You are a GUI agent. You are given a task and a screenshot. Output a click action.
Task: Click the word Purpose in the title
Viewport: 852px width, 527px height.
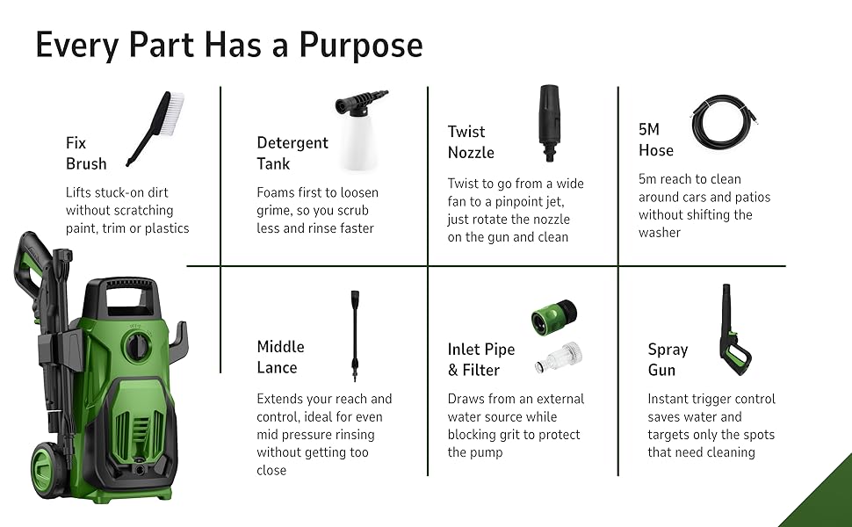pos(361,46)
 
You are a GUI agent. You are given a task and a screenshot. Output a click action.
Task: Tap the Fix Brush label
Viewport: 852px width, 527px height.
pos(86,153)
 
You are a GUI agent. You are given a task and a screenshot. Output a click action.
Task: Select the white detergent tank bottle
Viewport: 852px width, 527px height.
pos(359,142)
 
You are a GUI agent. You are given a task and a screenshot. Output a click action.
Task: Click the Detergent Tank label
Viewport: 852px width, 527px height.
pos(292,153)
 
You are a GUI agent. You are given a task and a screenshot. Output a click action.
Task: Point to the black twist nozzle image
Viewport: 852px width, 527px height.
pos(549,123)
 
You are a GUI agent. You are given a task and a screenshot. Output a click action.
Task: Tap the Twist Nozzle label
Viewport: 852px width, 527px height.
pos(471,141)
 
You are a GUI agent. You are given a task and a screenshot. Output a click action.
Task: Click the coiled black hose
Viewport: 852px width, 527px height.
pos(724,122)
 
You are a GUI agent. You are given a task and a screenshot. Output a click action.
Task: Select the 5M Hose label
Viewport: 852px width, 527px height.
pos(656,140)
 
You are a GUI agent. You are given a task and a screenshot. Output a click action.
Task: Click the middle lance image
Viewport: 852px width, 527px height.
pos(356,336)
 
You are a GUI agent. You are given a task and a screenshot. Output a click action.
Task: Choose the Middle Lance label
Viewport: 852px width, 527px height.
pos(280,357)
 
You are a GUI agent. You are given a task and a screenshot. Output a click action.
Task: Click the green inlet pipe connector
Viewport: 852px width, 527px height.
pos(554,316)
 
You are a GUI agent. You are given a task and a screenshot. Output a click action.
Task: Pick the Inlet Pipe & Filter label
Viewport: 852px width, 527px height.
pos(480,359)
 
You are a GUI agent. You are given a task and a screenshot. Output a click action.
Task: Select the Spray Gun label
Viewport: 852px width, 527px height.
pos(668,359)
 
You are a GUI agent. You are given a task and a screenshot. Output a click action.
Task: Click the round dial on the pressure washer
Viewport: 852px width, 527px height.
pos(137,345)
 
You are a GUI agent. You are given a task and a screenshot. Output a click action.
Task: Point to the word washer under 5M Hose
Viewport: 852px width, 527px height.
pos(659,233)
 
